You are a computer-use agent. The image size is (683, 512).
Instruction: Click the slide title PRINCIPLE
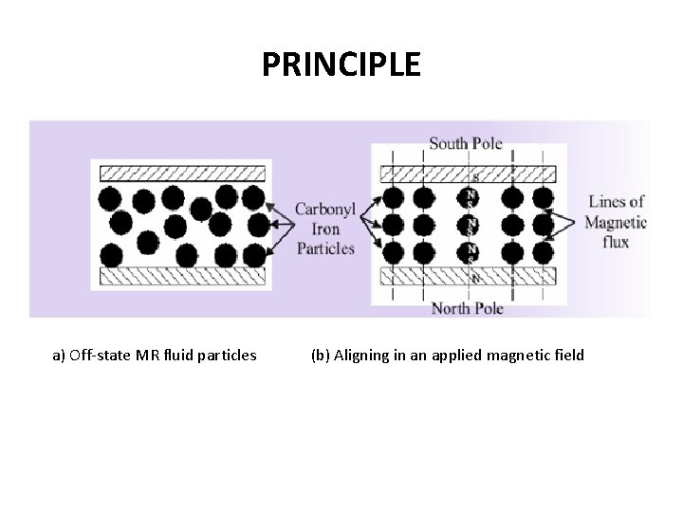341,64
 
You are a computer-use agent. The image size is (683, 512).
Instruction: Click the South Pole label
466,144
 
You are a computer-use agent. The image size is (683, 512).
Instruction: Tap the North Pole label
467,308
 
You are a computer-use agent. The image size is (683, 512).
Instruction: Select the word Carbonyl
325,210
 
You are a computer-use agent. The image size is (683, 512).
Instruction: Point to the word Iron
325,229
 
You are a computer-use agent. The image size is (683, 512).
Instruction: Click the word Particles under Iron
325,248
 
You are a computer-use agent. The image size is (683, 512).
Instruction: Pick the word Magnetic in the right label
616,223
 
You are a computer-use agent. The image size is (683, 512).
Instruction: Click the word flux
615,242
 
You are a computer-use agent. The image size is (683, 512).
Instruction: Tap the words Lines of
616,201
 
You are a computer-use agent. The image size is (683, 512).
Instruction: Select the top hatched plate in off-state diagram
180,174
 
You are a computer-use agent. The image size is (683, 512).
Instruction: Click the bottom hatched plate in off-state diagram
180,277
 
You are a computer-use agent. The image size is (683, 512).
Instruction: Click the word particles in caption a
228,357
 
